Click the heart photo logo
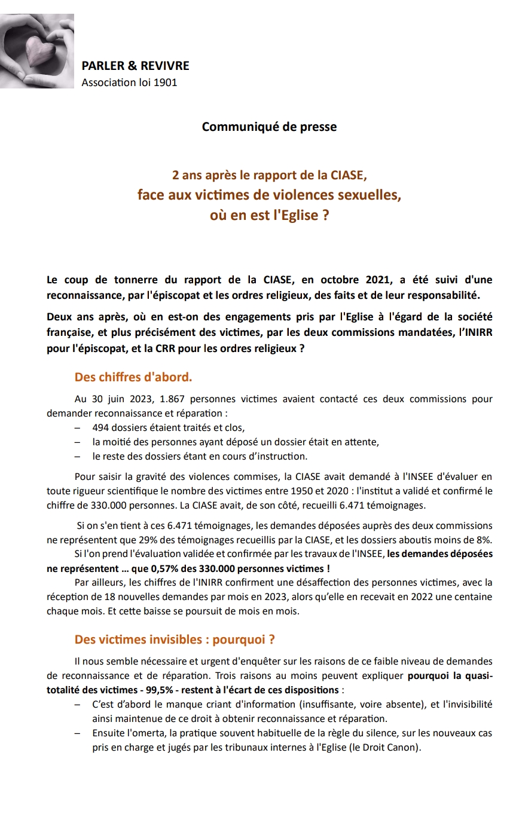[x=37, y=51]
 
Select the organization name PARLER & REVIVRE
[x=135, y=66]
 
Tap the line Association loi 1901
[x=129, y=82]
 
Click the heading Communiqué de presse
[x=269, y=127]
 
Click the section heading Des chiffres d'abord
[x=133, y=377]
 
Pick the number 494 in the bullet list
[x=101, y=428]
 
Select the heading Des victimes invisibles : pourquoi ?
[x=175, y=639]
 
